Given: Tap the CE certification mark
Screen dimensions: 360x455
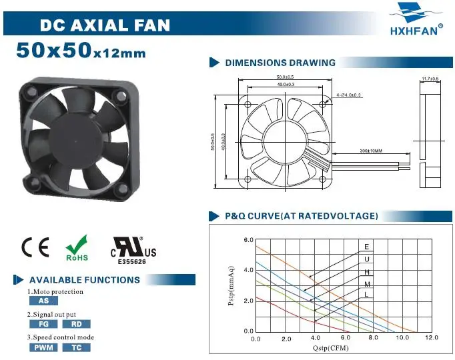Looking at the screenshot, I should point(35,247).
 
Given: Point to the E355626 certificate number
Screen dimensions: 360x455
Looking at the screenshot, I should point(133,262).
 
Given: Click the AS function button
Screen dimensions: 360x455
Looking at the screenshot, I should point(43,301).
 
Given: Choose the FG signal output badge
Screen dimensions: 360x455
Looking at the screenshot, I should point(43,324).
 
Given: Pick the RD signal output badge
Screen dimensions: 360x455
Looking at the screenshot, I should point(76,324).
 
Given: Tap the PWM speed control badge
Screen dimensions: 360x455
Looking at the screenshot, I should point(43,347).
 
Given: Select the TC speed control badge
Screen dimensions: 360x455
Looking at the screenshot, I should point(76,347).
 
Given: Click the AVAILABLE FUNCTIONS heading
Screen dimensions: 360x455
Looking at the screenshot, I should point(84,280).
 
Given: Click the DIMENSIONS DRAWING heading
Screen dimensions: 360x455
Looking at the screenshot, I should point(280,63).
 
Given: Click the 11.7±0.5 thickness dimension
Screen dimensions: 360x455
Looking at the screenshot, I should point(430,79).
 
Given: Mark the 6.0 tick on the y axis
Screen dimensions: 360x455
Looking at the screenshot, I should point(248,239).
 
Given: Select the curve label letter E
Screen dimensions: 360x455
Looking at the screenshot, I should point(366,247).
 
